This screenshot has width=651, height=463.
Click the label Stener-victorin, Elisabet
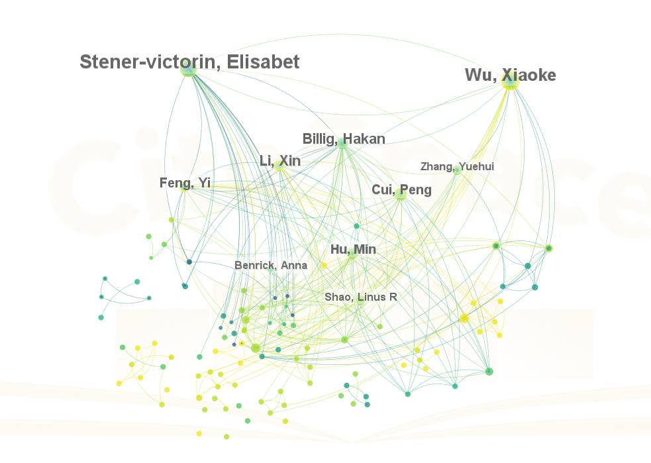coord(189,62)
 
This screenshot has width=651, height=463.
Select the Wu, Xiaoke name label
coord(510,75)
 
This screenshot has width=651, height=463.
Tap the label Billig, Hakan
coord(344,139)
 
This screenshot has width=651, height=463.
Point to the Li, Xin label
coord(280,161)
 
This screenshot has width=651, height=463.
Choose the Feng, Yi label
coord(185,183)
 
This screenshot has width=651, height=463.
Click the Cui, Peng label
coord(401,190)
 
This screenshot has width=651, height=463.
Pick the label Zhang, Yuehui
coord(457,166)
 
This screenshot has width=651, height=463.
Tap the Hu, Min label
coord(353,249)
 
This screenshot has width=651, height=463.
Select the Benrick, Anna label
coord(271,266)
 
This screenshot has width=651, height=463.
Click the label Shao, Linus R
coord(361,297)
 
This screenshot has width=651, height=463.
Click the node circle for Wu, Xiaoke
coord(510,82)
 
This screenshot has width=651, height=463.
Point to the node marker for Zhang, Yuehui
coord(457,171)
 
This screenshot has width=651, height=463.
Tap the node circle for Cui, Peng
coord(400,195)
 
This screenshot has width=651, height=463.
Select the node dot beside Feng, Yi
coord(185,187)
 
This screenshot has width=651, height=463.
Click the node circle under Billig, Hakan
coord(342,143)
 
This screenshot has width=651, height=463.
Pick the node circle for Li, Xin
coord(279,166)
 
